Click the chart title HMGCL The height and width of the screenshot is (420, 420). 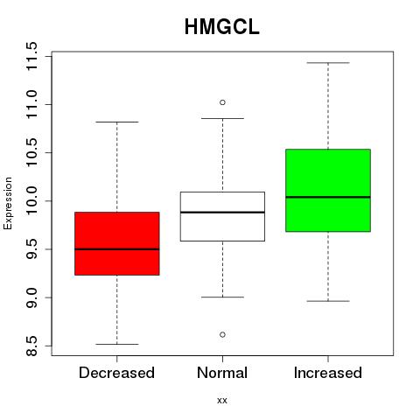coord(222,27)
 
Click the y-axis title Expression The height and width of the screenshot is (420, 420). coord(8,203)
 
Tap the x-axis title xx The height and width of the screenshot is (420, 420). coord(222,401)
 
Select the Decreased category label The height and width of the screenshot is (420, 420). coord(116,373)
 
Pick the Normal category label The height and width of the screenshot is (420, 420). coord(222,373)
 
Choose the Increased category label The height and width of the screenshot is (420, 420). coord(328,373)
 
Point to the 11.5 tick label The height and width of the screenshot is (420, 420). coord(31,56)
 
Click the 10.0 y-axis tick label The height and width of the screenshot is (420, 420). coord(31,201)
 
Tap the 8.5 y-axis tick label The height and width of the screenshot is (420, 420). coord(31,346)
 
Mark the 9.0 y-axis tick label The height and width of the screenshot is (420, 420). coord(31,297)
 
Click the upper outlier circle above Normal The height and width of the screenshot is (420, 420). coord(222,102)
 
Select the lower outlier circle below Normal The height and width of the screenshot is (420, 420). coord(222,334)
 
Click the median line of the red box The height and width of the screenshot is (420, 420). coord(117,249)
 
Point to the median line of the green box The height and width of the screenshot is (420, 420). coord(328,197)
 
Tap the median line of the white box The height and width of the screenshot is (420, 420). coord(222,212)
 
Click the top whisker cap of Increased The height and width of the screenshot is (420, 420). coord(328,63)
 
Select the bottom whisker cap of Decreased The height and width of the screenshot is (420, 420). coord(117,344)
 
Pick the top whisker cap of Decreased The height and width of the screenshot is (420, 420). coord(117,122)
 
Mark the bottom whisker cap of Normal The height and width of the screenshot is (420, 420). coord(222,297)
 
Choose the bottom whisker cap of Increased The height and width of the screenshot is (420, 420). coord(328,301)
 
